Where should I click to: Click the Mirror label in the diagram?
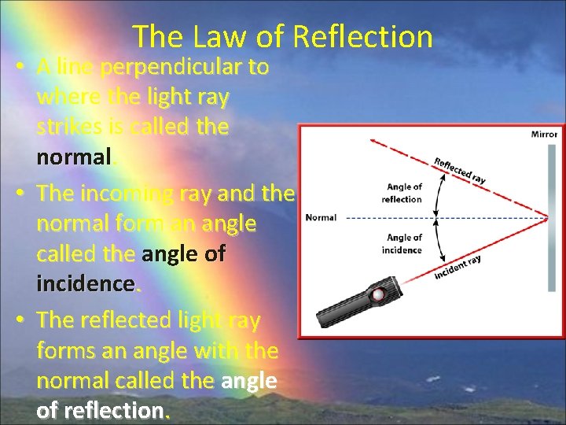[543, 135]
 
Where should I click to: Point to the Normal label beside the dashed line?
[321, 217]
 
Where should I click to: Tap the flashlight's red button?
[379, 295]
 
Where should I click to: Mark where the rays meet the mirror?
[536, 217]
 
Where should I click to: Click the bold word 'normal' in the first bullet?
[74, 157]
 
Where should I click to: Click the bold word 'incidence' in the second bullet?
[86, 283]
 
